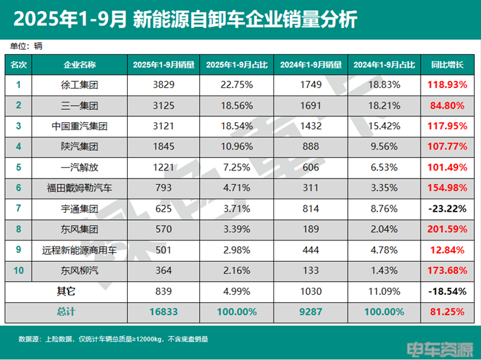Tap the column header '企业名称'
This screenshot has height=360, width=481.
pos(80,65)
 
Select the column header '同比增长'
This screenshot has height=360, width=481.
pos(447,65)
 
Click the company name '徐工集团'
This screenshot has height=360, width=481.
pos(80,85)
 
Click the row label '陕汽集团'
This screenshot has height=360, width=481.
pos(80,147)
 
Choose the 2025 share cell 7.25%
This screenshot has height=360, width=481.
pos(238,168)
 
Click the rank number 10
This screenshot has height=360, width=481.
pos(19,271)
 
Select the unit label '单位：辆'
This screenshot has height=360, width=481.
pos(26,46)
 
